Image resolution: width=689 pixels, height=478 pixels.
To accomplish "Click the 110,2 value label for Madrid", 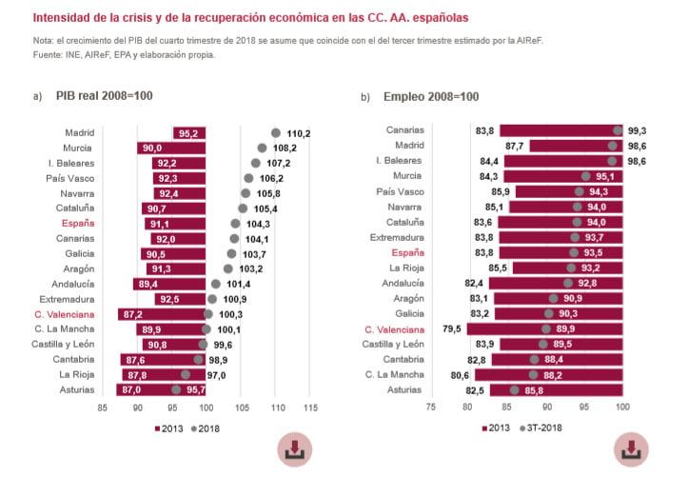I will coord(299,133).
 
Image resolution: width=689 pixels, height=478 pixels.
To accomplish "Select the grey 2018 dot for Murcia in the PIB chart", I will coord(263,149).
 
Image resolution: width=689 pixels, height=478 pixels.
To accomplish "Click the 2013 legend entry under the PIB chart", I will coord(168,429).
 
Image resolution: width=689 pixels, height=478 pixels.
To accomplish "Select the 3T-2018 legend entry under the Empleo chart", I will coord(541,429).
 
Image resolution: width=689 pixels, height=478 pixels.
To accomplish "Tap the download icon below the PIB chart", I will coord(294,448).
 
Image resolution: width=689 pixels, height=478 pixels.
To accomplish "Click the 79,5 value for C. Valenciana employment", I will coord(451,329).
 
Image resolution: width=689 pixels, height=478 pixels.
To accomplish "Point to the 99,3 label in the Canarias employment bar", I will coord(638,130).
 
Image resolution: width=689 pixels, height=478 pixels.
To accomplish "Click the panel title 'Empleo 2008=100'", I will coord(431,96).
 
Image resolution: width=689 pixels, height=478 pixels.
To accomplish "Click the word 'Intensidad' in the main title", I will coord(68,18).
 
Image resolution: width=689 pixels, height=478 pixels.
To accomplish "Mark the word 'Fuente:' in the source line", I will coord(49,54).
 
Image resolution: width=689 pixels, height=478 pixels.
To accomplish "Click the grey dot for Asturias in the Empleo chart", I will coord(515,389).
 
